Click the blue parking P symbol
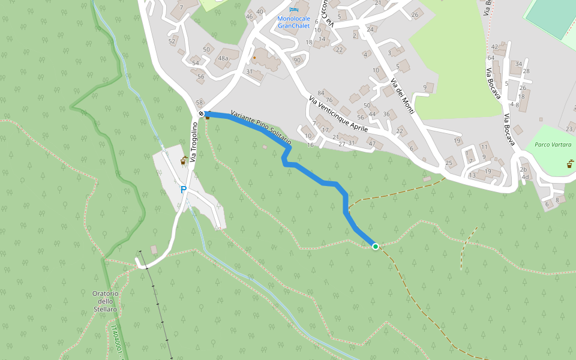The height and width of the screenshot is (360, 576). coord(184,190)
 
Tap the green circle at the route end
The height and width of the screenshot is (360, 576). coord(376,247)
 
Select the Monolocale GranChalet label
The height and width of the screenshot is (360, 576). coord(293,22)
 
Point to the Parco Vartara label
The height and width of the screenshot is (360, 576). coord(553,145)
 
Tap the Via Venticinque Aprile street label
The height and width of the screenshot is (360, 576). coord(338,116)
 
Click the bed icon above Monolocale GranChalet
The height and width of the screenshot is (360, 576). coord(293,10)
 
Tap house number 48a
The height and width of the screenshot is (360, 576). coord(223,58)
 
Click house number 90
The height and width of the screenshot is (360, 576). coord(296,60)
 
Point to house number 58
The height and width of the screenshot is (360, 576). coord(200,103)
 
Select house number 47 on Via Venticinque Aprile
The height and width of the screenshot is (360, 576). coord(372,143)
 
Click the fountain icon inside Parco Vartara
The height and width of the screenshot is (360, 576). coord(569,164)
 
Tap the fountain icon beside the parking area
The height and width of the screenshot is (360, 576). coord(184,160)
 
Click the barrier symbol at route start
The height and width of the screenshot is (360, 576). coord(201,113)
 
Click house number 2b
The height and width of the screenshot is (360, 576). coord(523,169)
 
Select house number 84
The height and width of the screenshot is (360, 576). coord(320,93)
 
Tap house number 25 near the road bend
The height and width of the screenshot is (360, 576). coord(449,163)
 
